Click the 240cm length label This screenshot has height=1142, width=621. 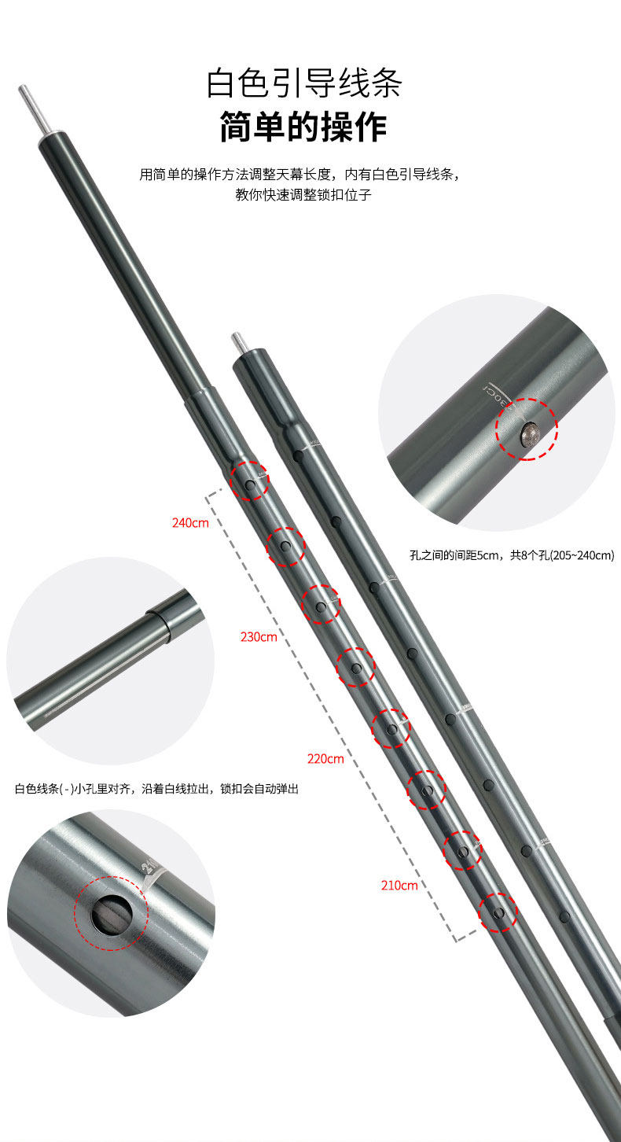[190, 522]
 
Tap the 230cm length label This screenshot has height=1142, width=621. [259, 636]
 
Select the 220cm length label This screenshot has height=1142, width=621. [325, 759]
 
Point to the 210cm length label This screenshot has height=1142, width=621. [399, 885]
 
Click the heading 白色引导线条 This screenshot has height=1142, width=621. [303, 83]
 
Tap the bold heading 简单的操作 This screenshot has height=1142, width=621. [303, 127]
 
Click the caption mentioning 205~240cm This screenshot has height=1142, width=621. [512, 555]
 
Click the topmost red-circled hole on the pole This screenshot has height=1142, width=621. [250, 486]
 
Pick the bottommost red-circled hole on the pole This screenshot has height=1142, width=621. [499, 912]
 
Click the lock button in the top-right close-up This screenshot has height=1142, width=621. [527, 433]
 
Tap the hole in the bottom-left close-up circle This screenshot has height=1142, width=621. [109, 912]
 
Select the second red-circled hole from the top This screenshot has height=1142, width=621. [285, 546]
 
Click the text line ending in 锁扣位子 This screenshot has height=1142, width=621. [303, 195]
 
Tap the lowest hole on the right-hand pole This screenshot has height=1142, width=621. [564, 916]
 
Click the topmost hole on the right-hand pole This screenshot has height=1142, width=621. [298, 455]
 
